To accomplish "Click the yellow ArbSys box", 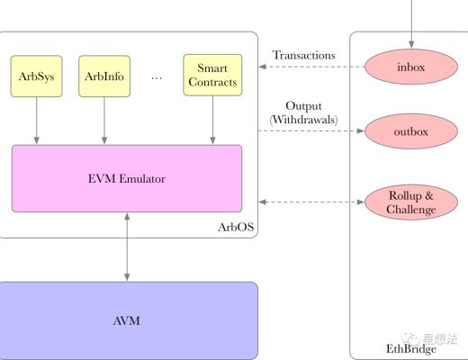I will [36, 76].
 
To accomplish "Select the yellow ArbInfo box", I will [104, 76].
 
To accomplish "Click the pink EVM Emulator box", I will [127, 178].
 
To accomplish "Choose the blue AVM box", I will [128, 320].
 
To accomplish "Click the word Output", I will [303, 106].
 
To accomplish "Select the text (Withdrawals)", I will [303, 120].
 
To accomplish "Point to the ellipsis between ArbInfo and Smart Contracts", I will [157, 77].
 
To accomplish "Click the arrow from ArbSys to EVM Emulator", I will [36, 121].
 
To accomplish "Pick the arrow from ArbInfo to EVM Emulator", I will [104, 121].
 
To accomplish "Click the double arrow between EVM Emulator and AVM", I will [128, 247].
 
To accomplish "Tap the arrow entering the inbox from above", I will [410, 22].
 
